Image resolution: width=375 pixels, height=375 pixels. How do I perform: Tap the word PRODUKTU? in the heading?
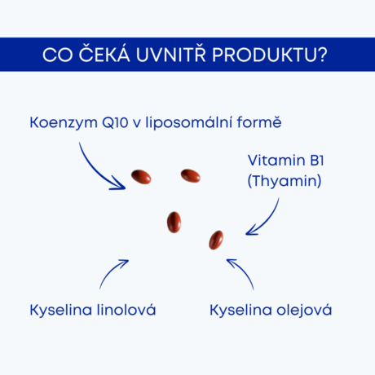point(269,55)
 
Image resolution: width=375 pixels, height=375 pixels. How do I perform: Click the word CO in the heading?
point(58,55)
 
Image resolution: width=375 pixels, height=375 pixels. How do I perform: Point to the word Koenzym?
point(64,123)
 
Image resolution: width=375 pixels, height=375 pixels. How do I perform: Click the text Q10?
point(115,123)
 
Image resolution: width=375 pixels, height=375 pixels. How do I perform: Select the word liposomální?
point(189,123)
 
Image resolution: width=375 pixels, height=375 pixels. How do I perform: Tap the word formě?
point(259,122)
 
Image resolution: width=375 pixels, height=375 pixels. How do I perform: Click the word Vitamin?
point(276,161)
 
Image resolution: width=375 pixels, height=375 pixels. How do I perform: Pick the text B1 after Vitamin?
point(317,161)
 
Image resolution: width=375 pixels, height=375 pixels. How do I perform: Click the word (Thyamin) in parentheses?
point(285,181)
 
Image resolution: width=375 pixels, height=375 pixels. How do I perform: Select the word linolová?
point(126,310)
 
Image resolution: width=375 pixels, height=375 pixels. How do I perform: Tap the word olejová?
point(304,311)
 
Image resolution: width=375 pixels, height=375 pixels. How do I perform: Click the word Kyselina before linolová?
point(61,311)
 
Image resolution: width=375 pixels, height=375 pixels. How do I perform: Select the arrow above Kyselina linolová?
point(111,271)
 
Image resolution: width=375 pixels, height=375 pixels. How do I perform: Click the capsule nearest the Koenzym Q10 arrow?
point(141,177)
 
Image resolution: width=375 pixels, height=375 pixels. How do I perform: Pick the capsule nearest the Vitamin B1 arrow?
point(216,240)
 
